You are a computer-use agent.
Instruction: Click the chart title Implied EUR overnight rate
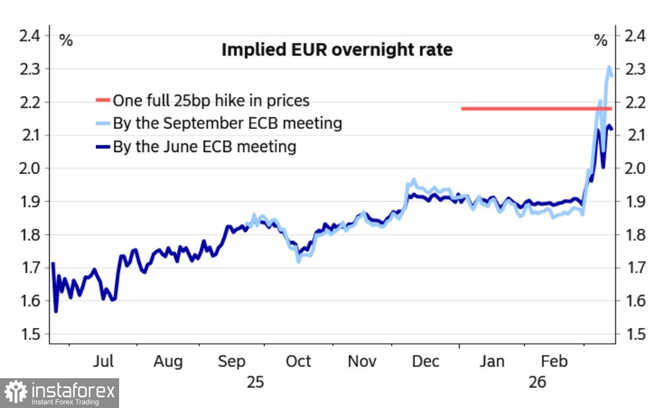337,50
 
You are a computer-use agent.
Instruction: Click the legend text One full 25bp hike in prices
210,101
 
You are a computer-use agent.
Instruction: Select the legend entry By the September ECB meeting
227,123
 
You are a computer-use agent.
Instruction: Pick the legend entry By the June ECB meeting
204,146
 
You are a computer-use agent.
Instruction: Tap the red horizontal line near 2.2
536,108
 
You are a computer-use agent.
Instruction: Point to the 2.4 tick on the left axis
29,36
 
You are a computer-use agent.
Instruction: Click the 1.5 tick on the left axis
29,334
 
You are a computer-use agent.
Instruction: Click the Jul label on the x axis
105,362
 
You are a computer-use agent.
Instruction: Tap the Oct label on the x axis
298,362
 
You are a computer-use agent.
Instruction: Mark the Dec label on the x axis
426,362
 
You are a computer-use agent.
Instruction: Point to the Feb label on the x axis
554,362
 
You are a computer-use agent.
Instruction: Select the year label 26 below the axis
537,382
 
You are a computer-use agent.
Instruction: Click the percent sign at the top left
66,40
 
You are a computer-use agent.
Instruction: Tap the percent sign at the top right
600,40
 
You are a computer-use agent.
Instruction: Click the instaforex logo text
73,392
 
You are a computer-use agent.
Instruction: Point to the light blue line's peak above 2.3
609,67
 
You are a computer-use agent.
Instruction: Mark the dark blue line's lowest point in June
56,311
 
